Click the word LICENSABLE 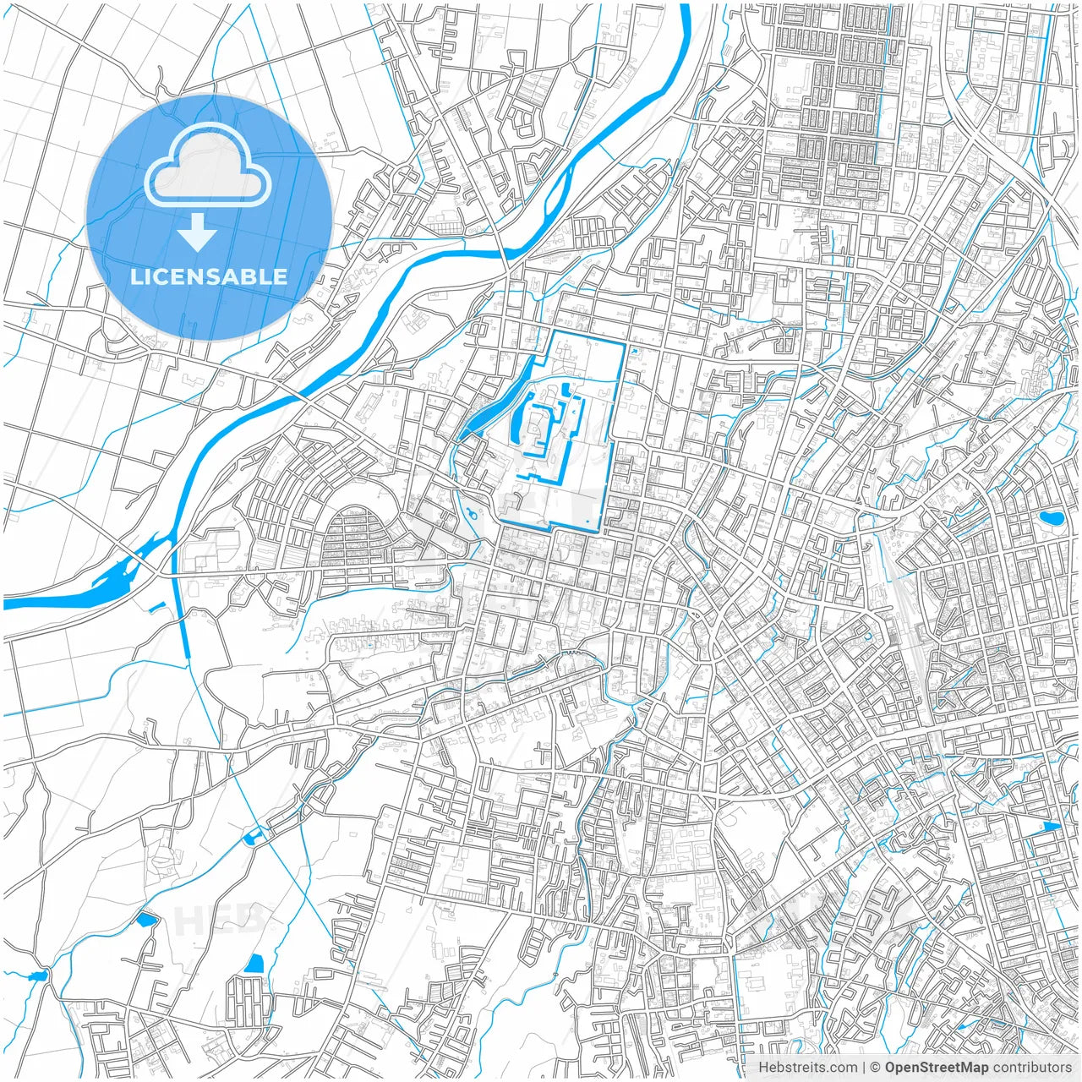click(208, 276)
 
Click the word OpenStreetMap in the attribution click(936, 1068)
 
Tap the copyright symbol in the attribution click(876, 1068)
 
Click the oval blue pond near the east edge click(1052, 517)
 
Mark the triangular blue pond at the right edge click(1052, 826)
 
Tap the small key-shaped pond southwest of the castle click(470, 513)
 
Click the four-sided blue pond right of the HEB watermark click(254, 963)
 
